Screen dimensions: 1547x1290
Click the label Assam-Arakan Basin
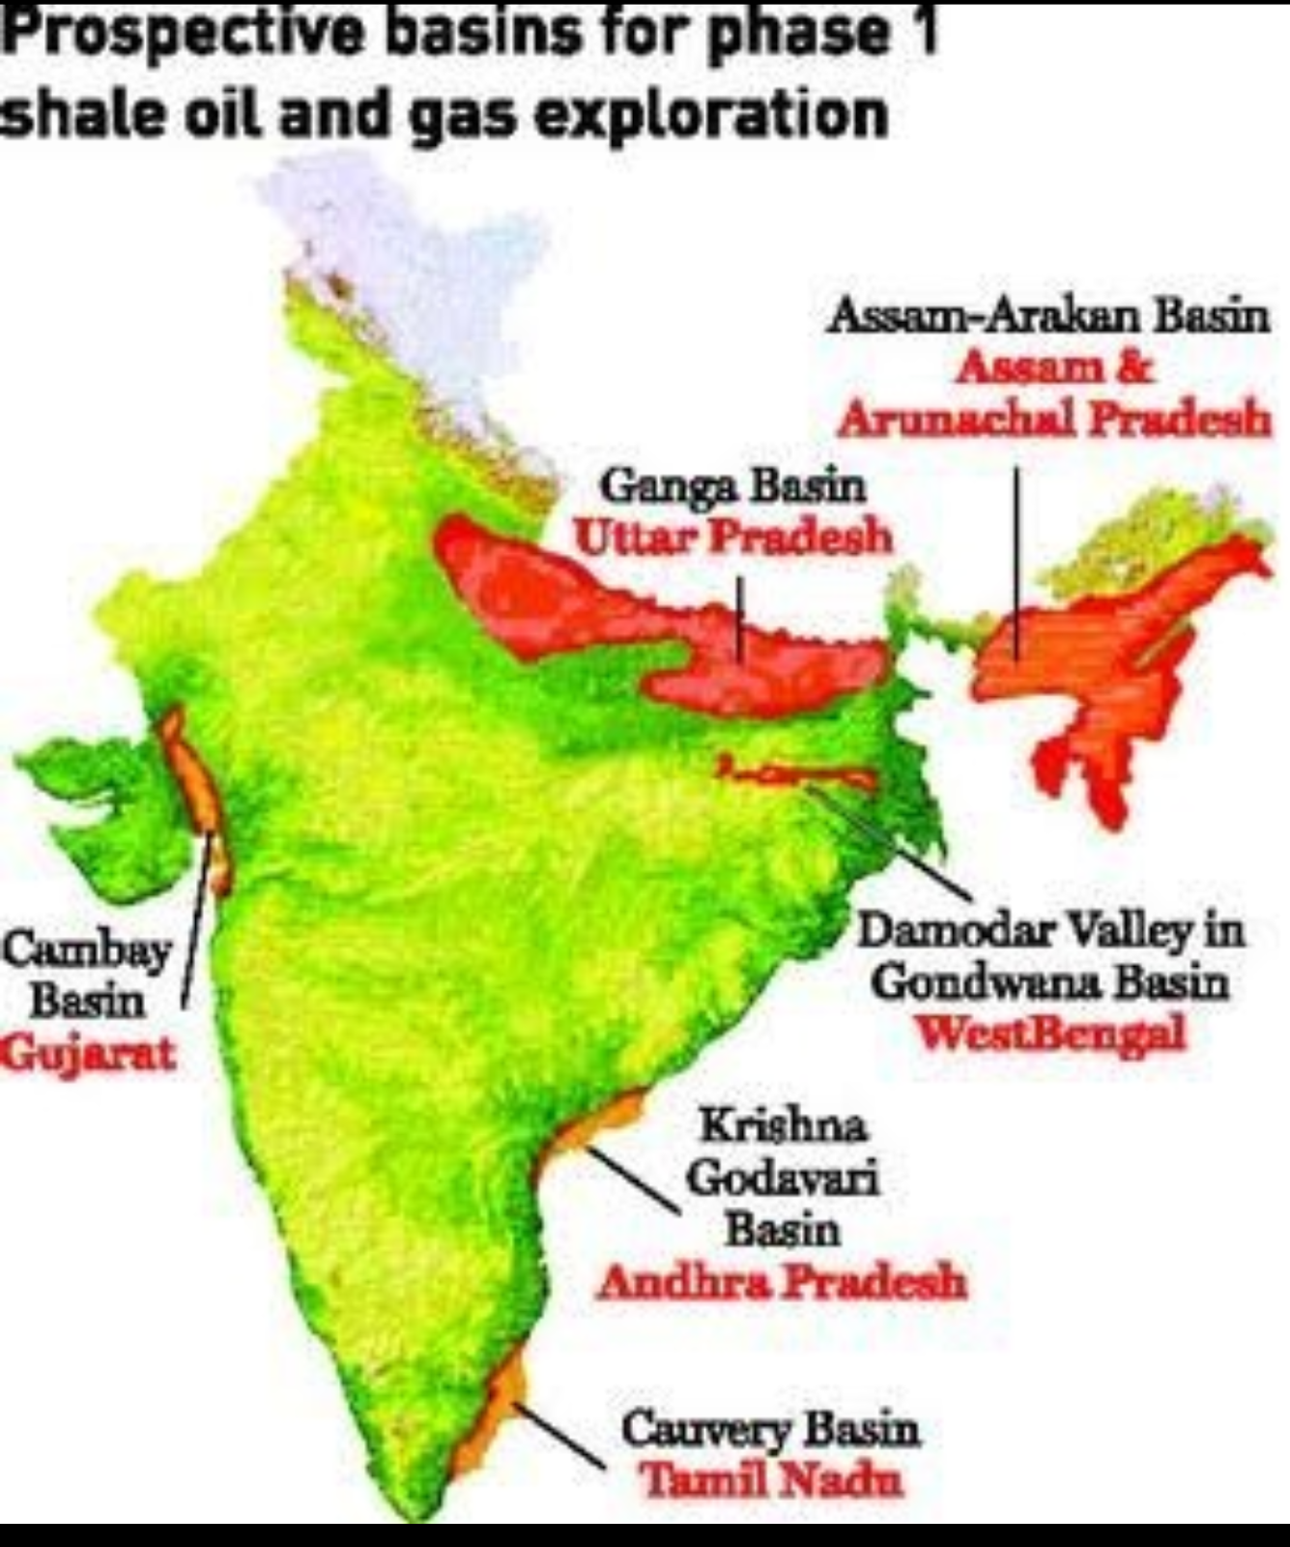point(1046,317)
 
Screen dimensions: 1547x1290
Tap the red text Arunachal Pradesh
point(1054,421)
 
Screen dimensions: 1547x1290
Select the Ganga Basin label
point(732,486)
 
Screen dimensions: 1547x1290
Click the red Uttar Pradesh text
point(732,538)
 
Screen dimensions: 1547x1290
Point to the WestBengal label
point(1050,1034)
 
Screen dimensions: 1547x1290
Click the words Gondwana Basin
point(1050,983)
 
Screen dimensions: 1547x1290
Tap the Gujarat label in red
point(88,1052)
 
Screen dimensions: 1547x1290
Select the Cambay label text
point(86,949)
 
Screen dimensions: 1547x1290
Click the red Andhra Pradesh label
point(782,1283)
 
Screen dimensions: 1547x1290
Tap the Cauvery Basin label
point(770,1429)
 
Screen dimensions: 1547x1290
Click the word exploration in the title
point(711,114)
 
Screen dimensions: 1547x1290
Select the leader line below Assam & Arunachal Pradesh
point(1016,561)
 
